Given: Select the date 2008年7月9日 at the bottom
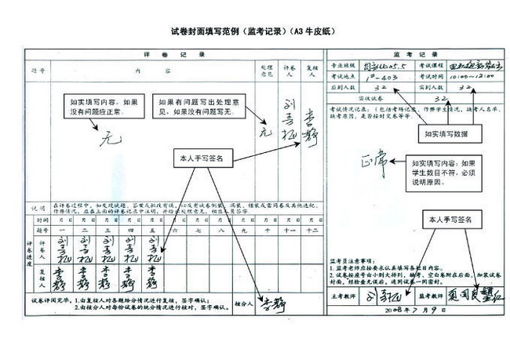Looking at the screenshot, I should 412,310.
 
